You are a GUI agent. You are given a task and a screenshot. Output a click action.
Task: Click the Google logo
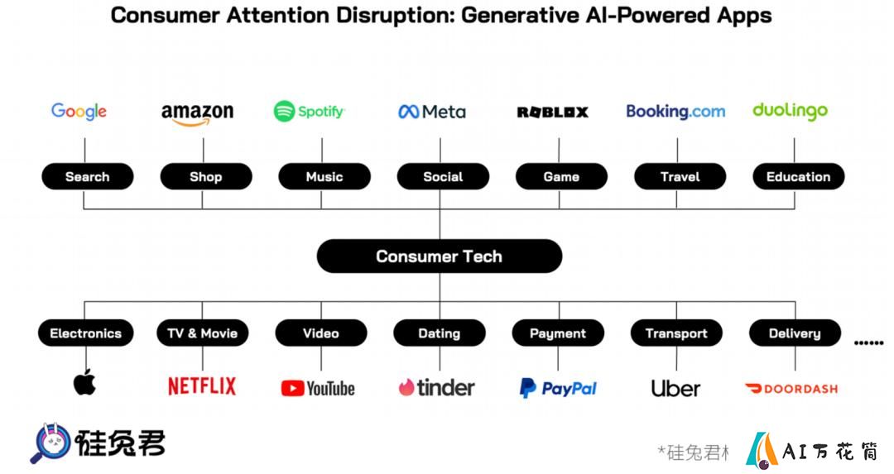[79, 111]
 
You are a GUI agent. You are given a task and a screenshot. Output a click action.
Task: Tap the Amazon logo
[197, 113]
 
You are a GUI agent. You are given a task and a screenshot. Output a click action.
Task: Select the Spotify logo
[309, 111]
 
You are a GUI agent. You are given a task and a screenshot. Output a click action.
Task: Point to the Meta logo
[431, 112]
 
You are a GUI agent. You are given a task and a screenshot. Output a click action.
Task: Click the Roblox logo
[552, 113]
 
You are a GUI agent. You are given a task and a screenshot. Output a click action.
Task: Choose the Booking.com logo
[675, 111]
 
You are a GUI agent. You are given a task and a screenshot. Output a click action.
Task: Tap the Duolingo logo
[790, 111]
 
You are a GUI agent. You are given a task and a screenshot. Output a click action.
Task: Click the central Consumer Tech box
[440, 256]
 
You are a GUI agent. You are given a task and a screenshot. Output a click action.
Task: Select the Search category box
[87, 176]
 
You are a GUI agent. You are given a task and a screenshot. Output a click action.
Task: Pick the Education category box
[798, 176]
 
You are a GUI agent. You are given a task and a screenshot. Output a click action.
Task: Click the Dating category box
[440, 333]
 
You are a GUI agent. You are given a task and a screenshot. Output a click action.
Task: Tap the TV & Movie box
[203, 333]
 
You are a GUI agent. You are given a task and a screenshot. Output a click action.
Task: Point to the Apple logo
[84, 382]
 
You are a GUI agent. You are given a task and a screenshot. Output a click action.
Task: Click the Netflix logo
[202, 386]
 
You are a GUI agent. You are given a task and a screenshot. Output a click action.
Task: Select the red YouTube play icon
[292, 389]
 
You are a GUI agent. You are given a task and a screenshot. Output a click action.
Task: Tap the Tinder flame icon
[406, 387]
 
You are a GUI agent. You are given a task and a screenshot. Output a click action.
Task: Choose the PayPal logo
[558, 389]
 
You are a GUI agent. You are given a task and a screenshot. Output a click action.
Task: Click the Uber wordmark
[675, 389]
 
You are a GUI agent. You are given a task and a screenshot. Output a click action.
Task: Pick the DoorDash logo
[791, 389]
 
